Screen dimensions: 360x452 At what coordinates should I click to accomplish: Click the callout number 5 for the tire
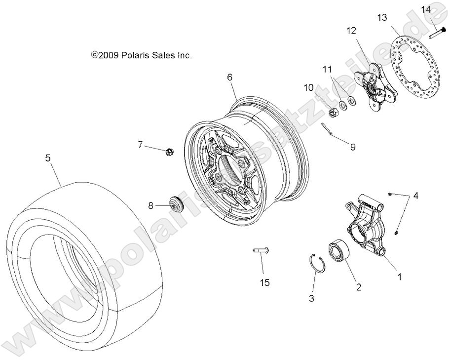(48, 158)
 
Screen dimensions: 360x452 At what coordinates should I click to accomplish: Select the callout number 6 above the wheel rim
(229, 77)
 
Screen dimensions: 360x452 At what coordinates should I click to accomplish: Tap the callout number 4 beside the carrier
(415, 196)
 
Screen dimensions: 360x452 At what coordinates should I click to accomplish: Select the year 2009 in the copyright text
(107, 55)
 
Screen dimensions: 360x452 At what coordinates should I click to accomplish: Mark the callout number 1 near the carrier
(399, 277)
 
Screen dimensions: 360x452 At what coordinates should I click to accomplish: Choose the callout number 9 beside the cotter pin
(352, 147)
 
